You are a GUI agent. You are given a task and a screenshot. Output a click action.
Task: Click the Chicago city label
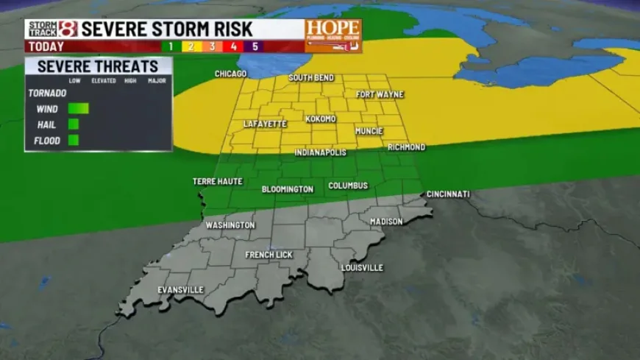(x=230, y=74)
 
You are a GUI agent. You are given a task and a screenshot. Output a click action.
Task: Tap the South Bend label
(x=311, y=77)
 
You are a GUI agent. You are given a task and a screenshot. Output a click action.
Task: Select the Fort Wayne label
(x=379, y=94)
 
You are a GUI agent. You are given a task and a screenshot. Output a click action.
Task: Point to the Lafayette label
(x=265, y=124)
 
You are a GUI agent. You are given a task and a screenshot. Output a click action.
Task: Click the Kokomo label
(x=320, y=119)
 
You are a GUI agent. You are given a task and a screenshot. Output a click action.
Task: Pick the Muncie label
(x=369, y=131)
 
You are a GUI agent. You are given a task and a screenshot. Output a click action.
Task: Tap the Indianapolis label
(x=320, y=152)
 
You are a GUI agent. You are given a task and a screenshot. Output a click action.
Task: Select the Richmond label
(x=406, y=147)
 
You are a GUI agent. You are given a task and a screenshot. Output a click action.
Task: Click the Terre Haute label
(x=217, y=181)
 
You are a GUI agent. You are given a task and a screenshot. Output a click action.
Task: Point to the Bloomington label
(x=288, y=189)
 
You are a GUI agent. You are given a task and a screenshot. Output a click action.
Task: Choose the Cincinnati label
(x=448, y=194)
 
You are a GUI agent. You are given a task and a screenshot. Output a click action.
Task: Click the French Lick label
(x=269, y=255)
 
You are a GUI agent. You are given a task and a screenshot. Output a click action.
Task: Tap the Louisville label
(x=362, y=267)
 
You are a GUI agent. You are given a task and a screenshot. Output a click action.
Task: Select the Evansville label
(x=180, y=289)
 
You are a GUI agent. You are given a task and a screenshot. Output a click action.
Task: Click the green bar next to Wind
(x=78, y=108)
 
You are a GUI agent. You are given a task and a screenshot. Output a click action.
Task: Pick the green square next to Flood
(x=74, y=140)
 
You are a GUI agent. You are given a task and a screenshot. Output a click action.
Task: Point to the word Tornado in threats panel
(x=47, y=93)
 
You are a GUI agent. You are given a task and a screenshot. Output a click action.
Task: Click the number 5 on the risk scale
(x=255, y=46)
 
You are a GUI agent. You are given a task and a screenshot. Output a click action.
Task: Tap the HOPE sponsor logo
(x=333, y=35)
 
